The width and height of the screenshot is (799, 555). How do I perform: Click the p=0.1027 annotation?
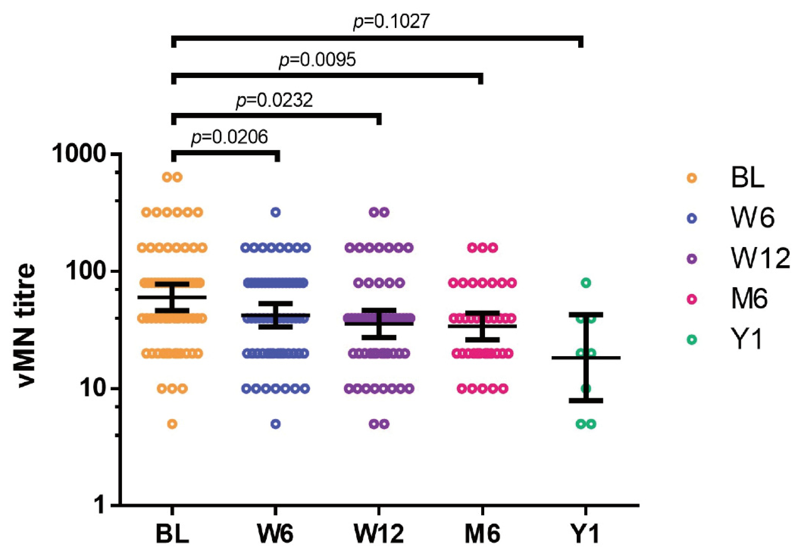391,21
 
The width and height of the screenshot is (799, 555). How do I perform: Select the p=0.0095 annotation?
318,60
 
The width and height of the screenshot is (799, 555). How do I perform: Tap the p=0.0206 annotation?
229,137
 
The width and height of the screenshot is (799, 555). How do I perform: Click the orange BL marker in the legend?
692,178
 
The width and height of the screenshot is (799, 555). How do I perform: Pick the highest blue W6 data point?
276,212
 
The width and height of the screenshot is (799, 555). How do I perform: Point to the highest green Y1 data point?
586,283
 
